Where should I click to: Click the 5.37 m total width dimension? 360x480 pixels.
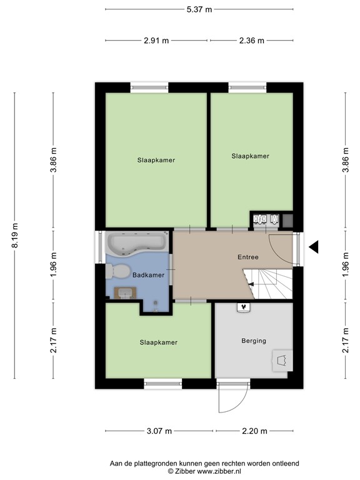coord(199,9)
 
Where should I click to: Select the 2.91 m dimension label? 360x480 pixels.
coord(156,41)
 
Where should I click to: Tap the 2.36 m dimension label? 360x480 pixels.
coord(251,41)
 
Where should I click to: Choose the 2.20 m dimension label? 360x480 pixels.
coord(254,431)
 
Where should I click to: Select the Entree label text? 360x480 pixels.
coord(247,257)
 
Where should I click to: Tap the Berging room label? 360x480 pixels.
coord(253,341)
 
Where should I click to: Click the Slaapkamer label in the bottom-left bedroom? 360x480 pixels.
coord(158,342)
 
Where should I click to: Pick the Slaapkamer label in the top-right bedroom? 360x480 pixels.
coord(250,156)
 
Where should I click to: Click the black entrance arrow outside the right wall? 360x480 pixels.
coord(315,247)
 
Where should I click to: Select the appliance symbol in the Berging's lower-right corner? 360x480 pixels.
coord(279,361)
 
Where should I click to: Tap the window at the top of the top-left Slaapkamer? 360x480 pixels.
coord(149,87)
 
